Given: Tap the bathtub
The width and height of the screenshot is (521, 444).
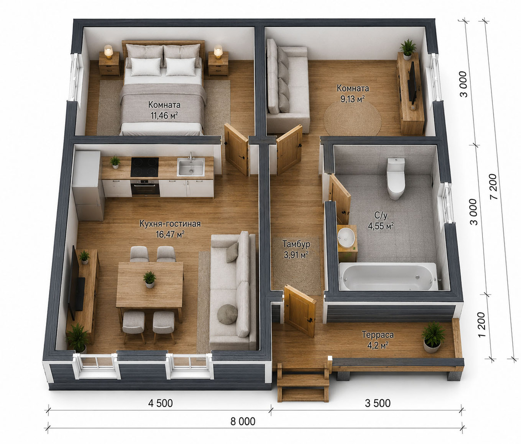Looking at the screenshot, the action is pyautogui.click(x=389, y=276).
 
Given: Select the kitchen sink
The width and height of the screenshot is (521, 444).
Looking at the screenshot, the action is pyautogui.click(x=191, y=167).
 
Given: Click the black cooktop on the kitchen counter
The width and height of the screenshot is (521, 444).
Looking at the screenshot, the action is pyautogui.click(x=145, y=167).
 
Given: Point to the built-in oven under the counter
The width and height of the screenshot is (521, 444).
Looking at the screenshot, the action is pyautogui.click(x=145, y=187).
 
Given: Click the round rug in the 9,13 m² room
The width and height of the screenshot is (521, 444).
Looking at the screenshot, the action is pyautogui.click(x=353, y=118).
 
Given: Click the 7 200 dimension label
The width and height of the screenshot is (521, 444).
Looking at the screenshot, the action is pyautogui.click(x=494, y=186).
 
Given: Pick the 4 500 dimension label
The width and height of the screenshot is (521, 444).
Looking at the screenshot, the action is pyautogui.click(x=161, y=403).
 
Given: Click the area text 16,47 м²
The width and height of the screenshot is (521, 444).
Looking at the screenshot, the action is pyautogui.click(x=170, y=234).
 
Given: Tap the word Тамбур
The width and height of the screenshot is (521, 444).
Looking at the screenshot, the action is pyautogui.click(x=296, y=244).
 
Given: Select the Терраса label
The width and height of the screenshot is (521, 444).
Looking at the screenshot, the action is pyautogui.click(x=378, y=335).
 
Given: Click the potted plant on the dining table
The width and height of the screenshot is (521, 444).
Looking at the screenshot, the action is pyautogui.click(x=150, y=279).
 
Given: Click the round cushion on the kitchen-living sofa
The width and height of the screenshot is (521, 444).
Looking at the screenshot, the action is pyautogui.click(x=227, y=314).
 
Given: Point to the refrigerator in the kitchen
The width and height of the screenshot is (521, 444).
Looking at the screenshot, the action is pyautogui.click(x=88, y=186).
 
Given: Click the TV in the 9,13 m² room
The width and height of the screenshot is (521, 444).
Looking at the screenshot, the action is pyautogui.click(x=412, y=84).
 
